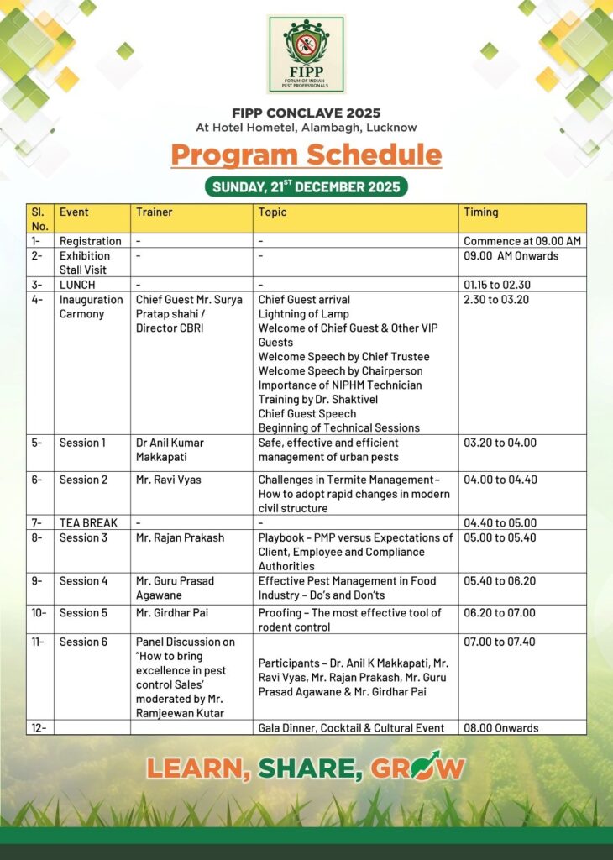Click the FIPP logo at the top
[306, 53]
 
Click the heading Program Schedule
[306, 155]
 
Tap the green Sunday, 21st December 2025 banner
[306, 186]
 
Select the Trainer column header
[155, 212]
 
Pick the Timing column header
[481, 212]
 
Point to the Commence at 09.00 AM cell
[522, 241]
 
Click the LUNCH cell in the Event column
[77, 285]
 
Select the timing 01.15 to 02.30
[496, 285]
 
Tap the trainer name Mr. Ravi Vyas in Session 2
[169, 480]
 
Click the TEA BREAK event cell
[88, 522]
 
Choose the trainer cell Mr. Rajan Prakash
[180, 537]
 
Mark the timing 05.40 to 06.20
[500, 580]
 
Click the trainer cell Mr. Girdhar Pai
[174, 612]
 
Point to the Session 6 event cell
[83, 642]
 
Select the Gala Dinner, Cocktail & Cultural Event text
[351, 728]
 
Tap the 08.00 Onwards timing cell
[501, 728]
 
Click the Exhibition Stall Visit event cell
[84, 262]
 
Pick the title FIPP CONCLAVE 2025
[306, 113]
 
